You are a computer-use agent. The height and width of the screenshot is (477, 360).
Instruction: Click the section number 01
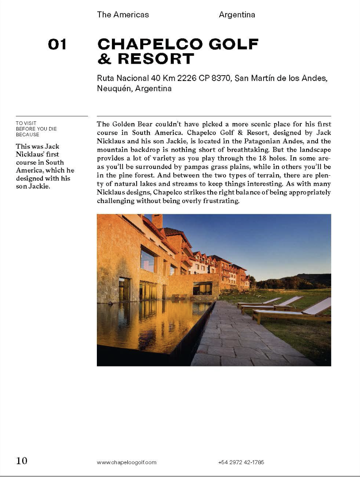point(57,44)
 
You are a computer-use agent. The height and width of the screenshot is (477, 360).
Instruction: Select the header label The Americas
point(123,15)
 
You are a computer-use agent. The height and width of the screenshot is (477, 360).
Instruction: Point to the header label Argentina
point(237,15)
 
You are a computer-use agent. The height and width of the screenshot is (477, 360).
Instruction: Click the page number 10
point(22,461)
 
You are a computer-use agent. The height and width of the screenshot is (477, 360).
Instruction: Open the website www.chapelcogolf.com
point(126,462)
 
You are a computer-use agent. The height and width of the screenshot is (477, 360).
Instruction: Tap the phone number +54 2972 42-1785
point(241,462)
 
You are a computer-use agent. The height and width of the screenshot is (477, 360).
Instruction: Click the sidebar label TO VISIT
point(26,123)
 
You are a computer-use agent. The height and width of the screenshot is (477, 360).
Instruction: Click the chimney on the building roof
point(157,221)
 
